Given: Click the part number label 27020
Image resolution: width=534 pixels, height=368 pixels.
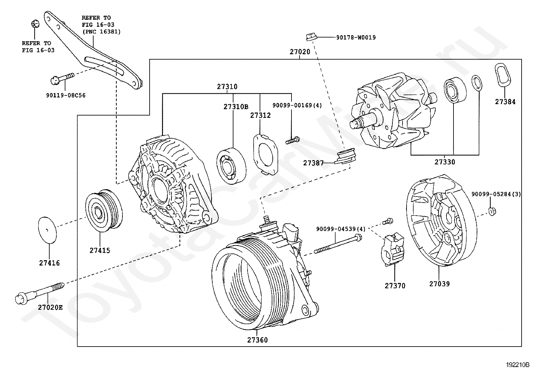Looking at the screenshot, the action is (x=300, y=52).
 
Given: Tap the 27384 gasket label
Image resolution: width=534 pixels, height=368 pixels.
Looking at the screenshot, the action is (x=505, y=102).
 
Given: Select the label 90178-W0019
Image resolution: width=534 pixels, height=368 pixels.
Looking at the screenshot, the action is (x=356, y=38).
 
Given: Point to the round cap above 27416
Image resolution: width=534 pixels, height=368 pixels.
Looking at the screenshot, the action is (x=47, y=230).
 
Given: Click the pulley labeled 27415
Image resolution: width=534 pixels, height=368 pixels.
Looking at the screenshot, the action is (x=104, y=211).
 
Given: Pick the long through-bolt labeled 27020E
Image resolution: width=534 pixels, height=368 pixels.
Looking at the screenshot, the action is (x=40, y=293).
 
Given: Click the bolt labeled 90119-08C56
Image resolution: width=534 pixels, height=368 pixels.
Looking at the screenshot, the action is (x=62, y=79).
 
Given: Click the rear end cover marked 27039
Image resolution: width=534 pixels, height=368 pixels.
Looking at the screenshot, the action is (x=442, y=220).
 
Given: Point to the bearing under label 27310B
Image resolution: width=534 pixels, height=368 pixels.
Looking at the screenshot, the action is (x=231, y=166).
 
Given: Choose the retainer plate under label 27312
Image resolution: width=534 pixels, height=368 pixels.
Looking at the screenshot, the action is (x=265, y=154).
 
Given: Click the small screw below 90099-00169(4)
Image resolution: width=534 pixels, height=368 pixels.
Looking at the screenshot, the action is (x=292, y=140).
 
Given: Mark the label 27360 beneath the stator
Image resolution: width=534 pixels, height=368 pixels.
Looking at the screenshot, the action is (x=258, y=340).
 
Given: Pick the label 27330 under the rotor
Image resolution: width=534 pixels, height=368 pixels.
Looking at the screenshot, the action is (x=445, y=162).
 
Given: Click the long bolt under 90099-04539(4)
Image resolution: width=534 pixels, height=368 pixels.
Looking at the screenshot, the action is (x=338, y=243).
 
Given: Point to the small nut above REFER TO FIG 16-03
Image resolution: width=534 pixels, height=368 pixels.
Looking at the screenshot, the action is (x=35, y=24).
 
